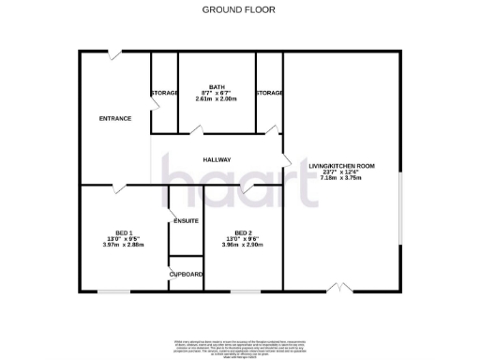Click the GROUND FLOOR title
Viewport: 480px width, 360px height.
tap(240, 10)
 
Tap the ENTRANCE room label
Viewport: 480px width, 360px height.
tap(115, 118)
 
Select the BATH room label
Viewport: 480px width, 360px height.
tap(217, 86)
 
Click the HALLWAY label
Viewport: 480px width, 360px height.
tap(217, 159)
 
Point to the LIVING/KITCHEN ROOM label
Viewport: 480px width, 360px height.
tap(341, 166)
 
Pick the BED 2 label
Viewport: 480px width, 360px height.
tap(243, 232)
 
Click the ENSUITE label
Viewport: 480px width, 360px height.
tap(185, 220)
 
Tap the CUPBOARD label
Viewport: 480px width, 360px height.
tap(186, 274)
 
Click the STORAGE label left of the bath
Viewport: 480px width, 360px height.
tap(165, 93)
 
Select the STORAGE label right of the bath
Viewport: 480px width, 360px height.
tap(269, 93)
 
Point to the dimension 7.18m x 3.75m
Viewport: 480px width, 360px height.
tap(341, 178)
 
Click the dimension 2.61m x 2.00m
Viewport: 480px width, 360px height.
tap(217, 98)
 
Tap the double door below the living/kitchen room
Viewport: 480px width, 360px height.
tap(342, 287)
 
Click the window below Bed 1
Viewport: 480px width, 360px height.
tap(114, 292)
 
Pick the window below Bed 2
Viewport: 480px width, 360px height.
tap(246, 292)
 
